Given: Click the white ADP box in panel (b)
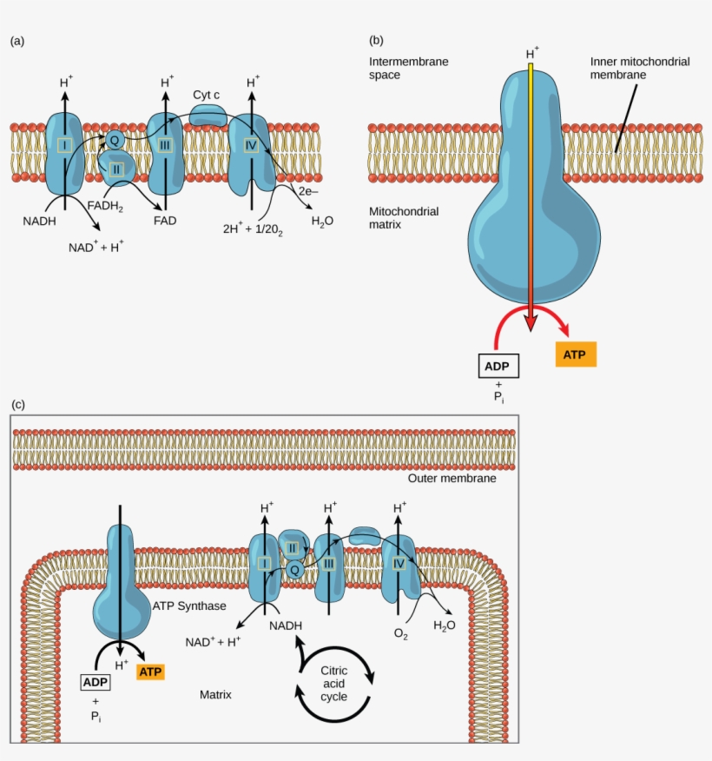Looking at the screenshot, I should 498,365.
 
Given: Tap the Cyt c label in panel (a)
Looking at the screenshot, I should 207,95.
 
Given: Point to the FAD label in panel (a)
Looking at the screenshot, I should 165,221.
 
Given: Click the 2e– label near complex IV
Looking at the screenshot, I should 310,190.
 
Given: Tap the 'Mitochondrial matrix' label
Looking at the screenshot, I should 404,219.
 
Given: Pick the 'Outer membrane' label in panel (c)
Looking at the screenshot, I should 452,479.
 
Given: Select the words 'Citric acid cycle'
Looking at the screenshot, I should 334,684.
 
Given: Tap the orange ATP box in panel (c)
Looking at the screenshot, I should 150,672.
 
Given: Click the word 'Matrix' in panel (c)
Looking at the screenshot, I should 215,695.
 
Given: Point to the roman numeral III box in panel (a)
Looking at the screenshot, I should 165,145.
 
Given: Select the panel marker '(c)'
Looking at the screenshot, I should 17,404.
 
